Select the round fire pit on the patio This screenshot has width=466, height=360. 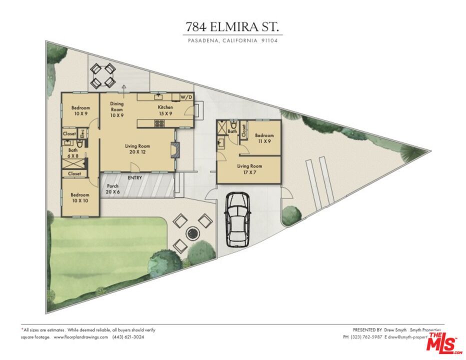pos(191,232)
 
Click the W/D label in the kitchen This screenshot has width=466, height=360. pos(185,97)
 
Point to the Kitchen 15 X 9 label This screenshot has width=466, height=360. pos(165,110)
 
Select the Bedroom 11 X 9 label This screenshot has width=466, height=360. pos(264,138)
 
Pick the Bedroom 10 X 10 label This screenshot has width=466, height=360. pos(80,197)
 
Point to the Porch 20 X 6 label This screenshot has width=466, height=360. pos(112,188)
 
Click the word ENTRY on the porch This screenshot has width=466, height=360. pos(134,178)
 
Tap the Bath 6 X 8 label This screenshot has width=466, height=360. pos(73,152)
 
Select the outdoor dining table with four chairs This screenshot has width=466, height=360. pos(103,76)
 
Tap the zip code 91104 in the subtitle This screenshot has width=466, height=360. pos(269,41)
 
